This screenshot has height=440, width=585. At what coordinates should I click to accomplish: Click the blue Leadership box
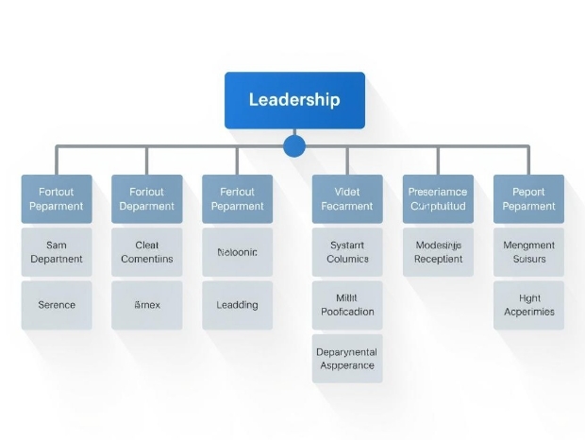294,100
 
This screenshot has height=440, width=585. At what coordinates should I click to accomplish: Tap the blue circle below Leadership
294,145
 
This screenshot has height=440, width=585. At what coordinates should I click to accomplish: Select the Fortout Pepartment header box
57,198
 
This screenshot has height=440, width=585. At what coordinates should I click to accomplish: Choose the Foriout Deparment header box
147,198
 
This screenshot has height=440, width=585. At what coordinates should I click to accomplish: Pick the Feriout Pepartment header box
238,198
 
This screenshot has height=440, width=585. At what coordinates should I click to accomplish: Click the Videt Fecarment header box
347,198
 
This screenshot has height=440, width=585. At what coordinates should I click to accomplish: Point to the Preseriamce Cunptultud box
438,198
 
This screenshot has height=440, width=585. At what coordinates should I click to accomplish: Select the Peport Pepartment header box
528,198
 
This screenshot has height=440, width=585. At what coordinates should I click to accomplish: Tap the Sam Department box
57,252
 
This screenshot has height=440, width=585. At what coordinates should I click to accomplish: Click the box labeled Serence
57,305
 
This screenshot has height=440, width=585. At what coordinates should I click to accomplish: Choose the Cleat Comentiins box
147,252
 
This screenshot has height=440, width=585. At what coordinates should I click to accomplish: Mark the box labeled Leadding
238,305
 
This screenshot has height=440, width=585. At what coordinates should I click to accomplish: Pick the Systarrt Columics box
347,252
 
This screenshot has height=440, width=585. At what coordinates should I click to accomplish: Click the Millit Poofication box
347,305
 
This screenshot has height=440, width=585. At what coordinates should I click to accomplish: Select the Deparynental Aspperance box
347,358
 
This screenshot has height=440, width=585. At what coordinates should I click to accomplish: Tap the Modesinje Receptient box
438,252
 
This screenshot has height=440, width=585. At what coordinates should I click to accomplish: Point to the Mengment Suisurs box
528,252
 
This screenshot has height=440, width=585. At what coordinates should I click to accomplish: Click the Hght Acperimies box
528,305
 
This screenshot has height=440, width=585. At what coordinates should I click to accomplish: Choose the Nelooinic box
238,252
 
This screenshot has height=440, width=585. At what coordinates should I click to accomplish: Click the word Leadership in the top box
294,100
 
